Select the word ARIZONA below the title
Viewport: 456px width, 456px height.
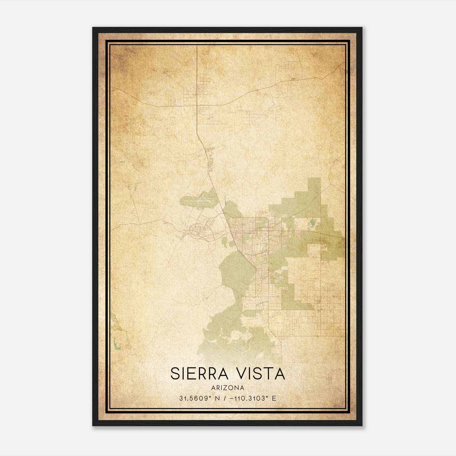coord(228,388)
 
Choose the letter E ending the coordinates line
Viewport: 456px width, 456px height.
coord(274,398)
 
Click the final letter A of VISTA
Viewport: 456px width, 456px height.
coord(280,374)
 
